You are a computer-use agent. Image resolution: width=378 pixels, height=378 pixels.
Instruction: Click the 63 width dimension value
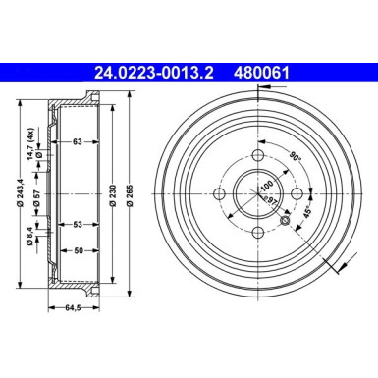pyautogui.click(x=76, y=143)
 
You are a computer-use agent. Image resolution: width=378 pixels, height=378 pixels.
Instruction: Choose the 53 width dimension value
pyautogui.click(x=76, y=225)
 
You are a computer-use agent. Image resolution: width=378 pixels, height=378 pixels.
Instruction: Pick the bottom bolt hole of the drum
pyautogui.click(x=257, y=232)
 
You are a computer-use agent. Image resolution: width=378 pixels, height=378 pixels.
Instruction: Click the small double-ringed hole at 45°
pyautogui.click(x=286, y=221)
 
